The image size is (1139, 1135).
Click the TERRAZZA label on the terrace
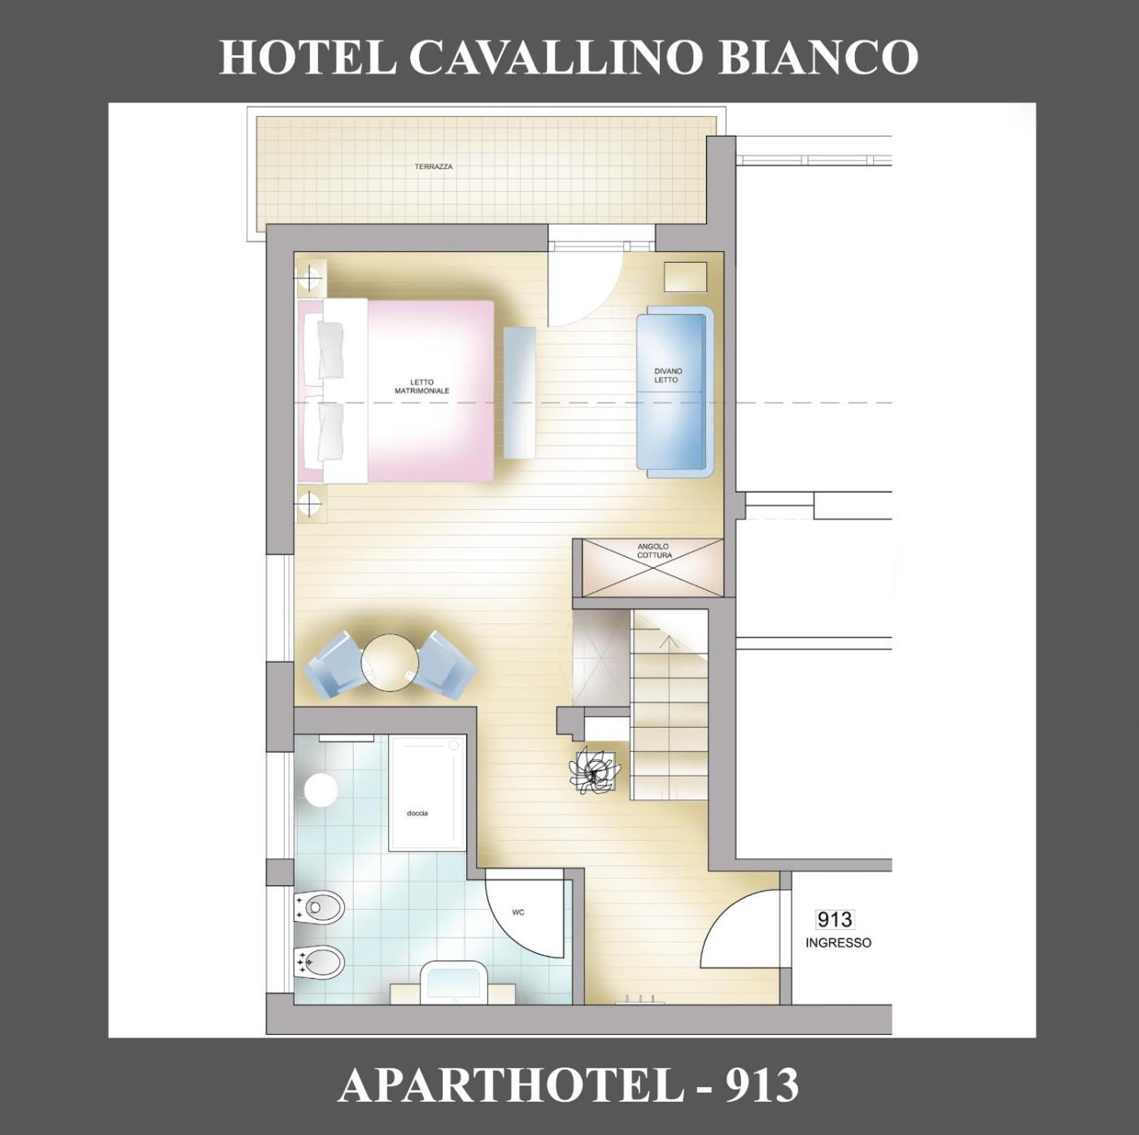point(434,167)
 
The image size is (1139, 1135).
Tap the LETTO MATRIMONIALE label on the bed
point(422,386)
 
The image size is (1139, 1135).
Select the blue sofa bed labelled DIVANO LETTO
point(675,392)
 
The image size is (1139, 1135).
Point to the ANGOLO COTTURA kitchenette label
point(654,550)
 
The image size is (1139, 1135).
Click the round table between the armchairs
point(390,663)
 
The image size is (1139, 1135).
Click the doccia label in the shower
point(417,813)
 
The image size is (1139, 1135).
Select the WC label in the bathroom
point(518,911)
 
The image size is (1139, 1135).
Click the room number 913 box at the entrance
point(835,920)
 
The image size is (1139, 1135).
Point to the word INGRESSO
point(838,943)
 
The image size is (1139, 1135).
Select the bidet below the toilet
point(319,964)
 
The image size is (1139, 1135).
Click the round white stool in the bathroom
point(321,790)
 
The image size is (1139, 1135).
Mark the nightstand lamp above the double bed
point(310,276)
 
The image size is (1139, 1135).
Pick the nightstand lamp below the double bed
point(310,504)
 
